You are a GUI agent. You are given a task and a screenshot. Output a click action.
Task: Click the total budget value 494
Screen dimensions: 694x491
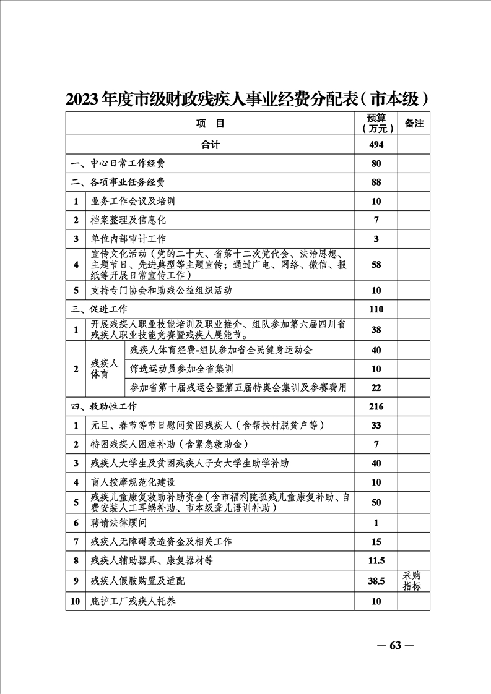point(376,145)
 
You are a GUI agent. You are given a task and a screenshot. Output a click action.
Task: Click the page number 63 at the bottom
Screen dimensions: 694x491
point(395,646)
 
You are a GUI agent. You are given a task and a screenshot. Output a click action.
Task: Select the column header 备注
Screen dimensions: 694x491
point(414,124)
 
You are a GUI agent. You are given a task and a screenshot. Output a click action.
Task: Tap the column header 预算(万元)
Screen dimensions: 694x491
point(376,124)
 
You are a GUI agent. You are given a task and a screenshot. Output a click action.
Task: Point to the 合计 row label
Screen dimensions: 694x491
point(211,145)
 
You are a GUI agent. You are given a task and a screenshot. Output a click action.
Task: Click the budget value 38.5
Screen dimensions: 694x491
point(376,581)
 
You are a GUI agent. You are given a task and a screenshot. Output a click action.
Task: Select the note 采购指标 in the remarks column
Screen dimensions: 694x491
point(412,581)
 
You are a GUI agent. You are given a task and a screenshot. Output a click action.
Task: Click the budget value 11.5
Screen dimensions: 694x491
point(376,561)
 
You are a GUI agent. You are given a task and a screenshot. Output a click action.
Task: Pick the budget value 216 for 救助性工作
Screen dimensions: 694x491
point(376,406)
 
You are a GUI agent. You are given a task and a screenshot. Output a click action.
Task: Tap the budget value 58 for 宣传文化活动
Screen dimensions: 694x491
point(376,265)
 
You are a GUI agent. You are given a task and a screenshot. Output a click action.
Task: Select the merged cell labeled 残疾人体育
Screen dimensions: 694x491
point(104,369)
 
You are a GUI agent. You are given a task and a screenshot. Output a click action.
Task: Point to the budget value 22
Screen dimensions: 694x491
point(376,387)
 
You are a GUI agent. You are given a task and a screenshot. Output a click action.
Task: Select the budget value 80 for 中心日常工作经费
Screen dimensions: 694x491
point(376,164)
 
